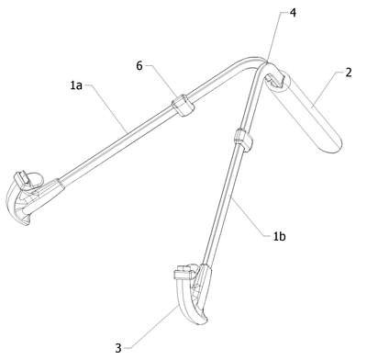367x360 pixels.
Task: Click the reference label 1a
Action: click(x=76, y=85)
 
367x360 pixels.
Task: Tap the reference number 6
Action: click(x=139, y=65)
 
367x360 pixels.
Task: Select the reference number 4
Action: click(x=293, y=13)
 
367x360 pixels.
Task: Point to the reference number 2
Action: click(x=349, y=73)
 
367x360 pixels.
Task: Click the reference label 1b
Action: click(x=279, y=236)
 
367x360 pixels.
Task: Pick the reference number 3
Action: click(x=118, y=348)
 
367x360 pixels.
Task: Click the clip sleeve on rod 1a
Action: click(x=183, y=106)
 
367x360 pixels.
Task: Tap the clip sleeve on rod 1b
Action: click(x=243, y=141)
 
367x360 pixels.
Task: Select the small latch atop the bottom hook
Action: click(x=182, y=273)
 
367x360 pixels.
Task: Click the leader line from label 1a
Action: click(x=106, y=107)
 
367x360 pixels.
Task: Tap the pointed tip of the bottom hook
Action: click(x=206, y=321)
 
